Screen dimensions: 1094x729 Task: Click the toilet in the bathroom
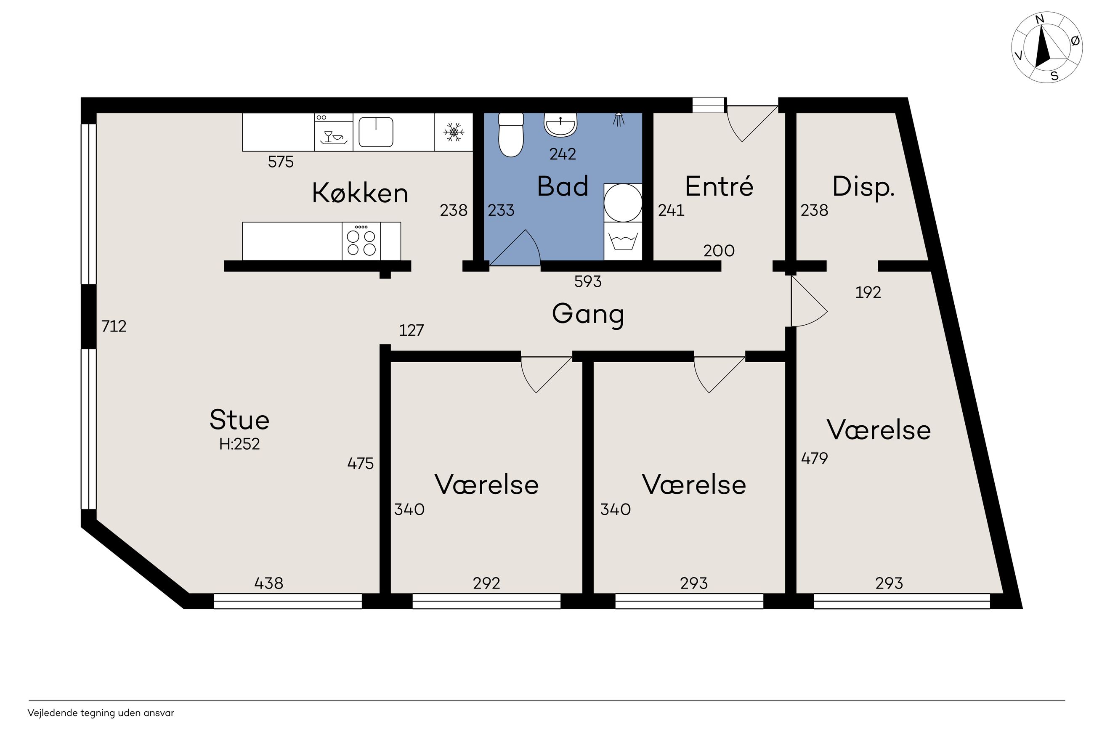(x=510, y=135)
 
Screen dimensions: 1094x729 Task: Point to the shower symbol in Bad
(x=619, y=119)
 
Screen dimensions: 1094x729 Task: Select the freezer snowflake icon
(x=453, y=132)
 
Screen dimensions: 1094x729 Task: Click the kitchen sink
(x=376, y=132)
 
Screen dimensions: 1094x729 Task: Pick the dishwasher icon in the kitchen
(x=333, y=132)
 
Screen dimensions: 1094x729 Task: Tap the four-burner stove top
(x=361, y=241)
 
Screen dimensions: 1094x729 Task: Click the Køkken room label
(x=360, y=193)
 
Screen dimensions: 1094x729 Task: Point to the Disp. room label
(x=863, y=187)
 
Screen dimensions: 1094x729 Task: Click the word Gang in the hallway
(x=588, y=314)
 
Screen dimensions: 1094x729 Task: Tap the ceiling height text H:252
(x=239, y=444)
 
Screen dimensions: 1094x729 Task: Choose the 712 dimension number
(x=114, y=326)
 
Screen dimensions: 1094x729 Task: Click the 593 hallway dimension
(x=588, y=281)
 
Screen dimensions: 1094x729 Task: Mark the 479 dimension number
(x=815, y=459)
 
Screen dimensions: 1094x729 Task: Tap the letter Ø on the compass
(x=1075, y=41)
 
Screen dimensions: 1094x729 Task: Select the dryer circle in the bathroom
(x=623, y=203)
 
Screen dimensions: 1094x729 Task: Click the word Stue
(x=239, y=420)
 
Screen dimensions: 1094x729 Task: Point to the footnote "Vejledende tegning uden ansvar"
(x=101, y=713)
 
